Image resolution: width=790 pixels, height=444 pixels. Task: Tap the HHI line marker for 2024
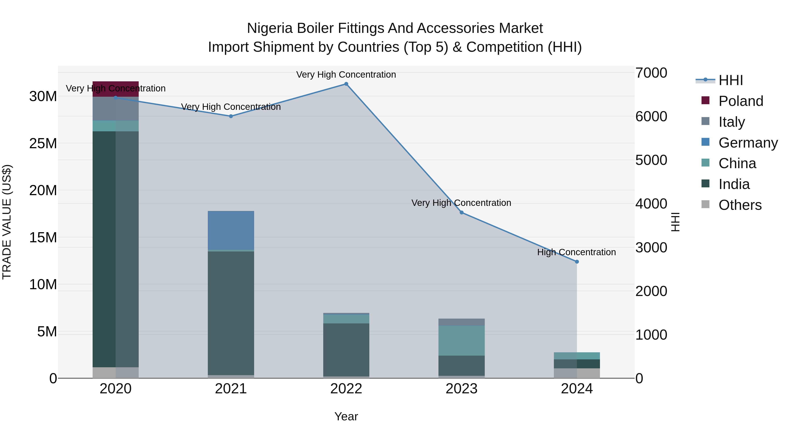(x=576, y=262)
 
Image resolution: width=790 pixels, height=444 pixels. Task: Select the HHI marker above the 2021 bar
(x=231, y=116)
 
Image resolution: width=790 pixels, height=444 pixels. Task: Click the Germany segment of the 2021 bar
(x=231, y=230)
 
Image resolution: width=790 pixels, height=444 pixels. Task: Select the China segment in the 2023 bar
(x=461, y=341)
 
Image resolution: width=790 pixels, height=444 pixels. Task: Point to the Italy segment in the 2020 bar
(x=116, y=109)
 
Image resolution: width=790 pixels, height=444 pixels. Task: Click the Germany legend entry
(x=748, y=143)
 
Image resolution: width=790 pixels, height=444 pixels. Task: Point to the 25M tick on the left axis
(x=43, y=143)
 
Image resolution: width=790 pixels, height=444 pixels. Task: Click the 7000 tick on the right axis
(x=651, y=73)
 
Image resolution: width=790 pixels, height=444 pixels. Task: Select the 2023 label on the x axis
(x=461, y=389)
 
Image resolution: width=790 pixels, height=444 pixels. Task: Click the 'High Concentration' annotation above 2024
(x=576, y=252)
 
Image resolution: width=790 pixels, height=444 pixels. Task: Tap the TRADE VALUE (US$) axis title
(x=7, y=222)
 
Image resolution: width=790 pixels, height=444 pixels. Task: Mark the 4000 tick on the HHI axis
(x=651, y=204)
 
